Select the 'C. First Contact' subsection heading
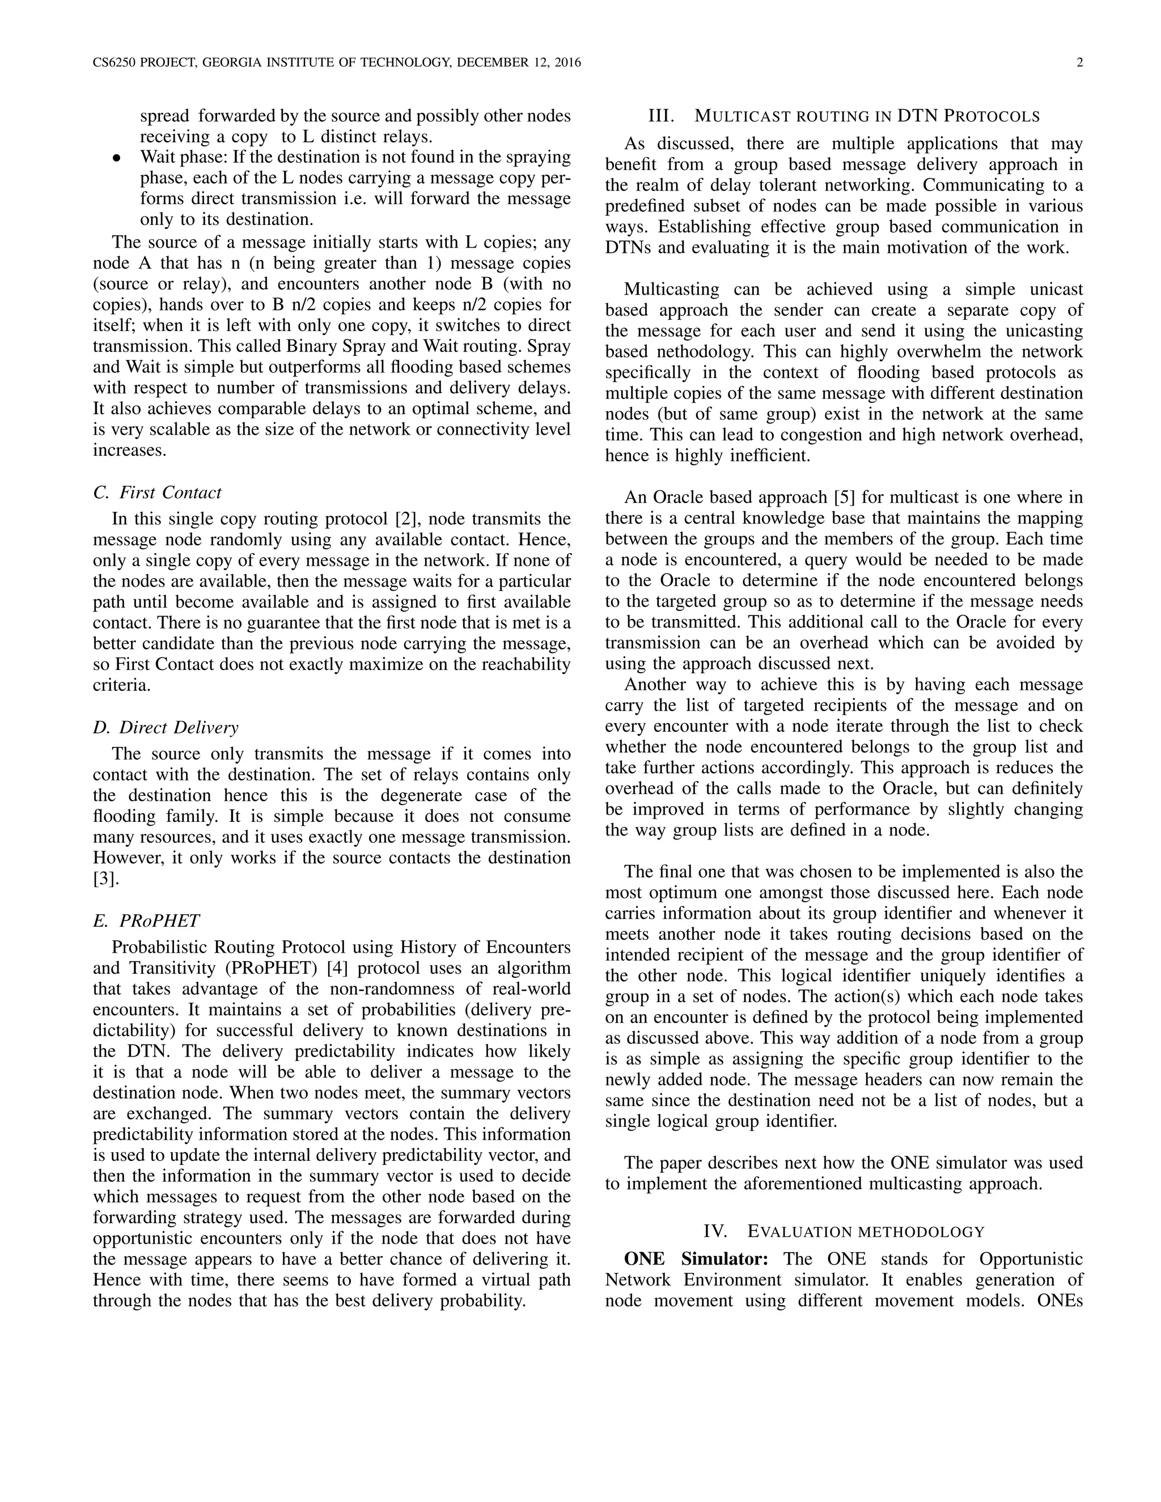pyautogui.click(x=157, y=493)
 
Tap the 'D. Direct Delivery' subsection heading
pyautogui.click(x=165, y=727)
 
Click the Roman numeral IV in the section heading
pyautogui.click(x=715, y=1250)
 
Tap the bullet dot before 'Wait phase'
pyautogui.click(x=117, y=158)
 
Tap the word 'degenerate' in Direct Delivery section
pyautogui.click(x=415, y=795)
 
